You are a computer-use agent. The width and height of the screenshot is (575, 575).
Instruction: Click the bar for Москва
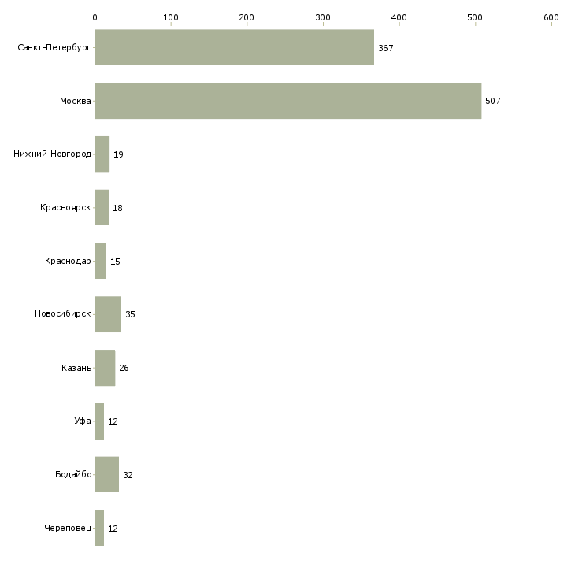pos(287,101)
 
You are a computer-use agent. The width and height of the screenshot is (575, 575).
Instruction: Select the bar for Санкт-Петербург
pos(234,47)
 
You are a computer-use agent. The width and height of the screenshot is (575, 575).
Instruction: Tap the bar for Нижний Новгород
pos(102,154)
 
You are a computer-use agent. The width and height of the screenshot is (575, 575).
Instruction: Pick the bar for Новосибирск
pos(108,314)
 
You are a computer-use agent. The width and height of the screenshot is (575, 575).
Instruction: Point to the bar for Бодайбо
pos(107,475)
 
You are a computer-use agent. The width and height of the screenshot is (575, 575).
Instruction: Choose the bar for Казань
pos(105,368)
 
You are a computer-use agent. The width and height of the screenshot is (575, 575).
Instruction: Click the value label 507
pos(493,101)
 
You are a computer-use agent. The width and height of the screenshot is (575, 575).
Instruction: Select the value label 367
pos(385,48)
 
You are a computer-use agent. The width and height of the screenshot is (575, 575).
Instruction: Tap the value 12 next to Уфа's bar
pos(113,421)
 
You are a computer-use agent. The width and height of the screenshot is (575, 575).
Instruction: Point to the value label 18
pos(117,208)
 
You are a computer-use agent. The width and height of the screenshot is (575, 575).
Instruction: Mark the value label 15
pos(115,262)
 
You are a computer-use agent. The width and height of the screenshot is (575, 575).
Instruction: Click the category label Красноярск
pos(65,208)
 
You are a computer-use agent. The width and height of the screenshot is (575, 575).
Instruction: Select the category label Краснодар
pos(68,262)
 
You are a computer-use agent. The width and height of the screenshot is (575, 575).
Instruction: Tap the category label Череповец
pos(68,529)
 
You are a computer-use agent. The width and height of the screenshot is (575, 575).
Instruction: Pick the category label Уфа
pos(83,421)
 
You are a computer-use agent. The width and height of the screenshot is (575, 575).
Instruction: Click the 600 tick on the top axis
pos(551,17)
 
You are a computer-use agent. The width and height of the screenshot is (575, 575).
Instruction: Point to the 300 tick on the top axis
pos(323,17)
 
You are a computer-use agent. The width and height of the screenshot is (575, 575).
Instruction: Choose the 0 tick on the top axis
pos(95,17)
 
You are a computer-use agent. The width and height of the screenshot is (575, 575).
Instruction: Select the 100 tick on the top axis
pos(171,17)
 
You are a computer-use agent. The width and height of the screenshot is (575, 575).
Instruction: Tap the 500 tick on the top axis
pos(475,17)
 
